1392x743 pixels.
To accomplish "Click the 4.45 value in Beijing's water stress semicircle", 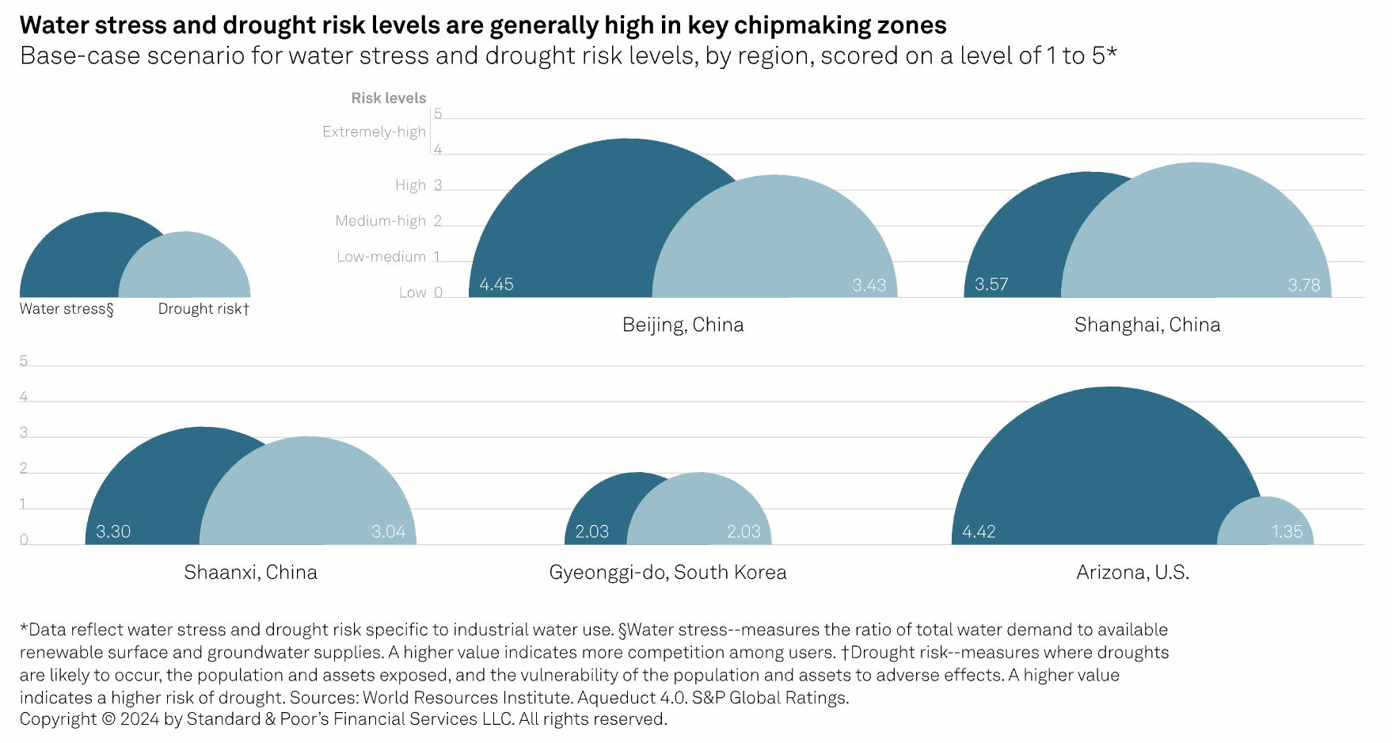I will pos(496,284).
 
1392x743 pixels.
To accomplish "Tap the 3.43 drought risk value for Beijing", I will pos(869,285).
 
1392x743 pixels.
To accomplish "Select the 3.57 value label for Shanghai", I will pos(991,284).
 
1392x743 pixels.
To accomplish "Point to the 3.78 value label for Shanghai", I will pos(1303,285).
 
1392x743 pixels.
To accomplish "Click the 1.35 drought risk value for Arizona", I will pos(1287,532).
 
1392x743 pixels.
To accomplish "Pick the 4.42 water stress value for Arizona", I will pos(979,532).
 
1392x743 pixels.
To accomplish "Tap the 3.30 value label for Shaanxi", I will pos(113,532).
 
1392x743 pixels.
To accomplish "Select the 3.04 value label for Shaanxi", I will pos(388,532).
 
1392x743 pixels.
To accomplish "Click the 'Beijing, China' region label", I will pos(683,325).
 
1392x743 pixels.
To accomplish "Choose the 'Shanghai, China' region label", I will pos(1147,325).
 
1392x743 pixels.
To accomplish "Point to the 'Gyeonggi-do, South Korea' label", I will pos(667,573).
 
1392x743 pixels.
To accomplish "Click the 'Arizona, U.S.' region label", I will pos(1132,573).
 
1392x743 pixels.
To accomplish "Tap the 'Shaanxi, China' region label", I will pos(250,573).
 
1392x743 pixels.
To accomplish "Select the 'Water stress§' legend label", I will pos(67,309).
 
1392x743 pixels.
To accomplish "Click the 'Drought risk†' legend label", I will pos(203,309).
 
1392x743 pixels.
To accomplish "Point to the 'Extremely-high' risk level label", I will pos(374,131).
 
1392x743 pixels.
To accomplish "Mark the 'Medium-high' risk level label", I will pos(380,221).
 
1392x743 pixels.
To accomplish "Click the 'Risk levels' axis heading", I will pos(388,98).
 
